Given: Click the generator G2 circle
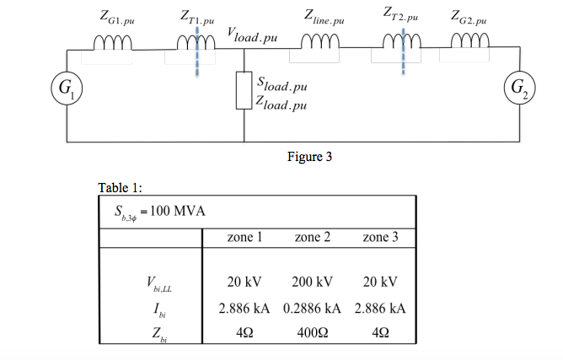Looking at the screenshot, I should click(516, 88).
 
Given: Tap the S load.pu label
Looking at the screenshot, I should click(281, 86).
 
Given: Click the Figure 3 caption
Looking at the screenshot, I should click(309, 156).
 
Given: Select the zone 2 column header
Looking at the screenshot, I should click(313, 238).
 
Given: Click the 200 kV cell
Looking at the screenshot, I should click(314, 281).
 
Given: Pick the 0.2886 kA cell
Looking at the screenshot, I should click(313, 309).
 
